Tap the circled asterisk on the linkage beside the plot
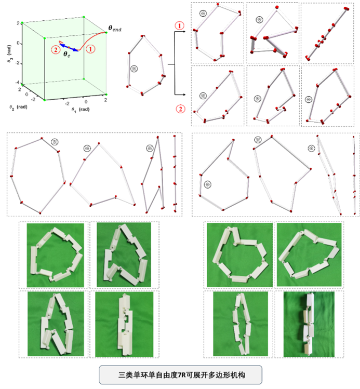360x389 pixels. [134, 69]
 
